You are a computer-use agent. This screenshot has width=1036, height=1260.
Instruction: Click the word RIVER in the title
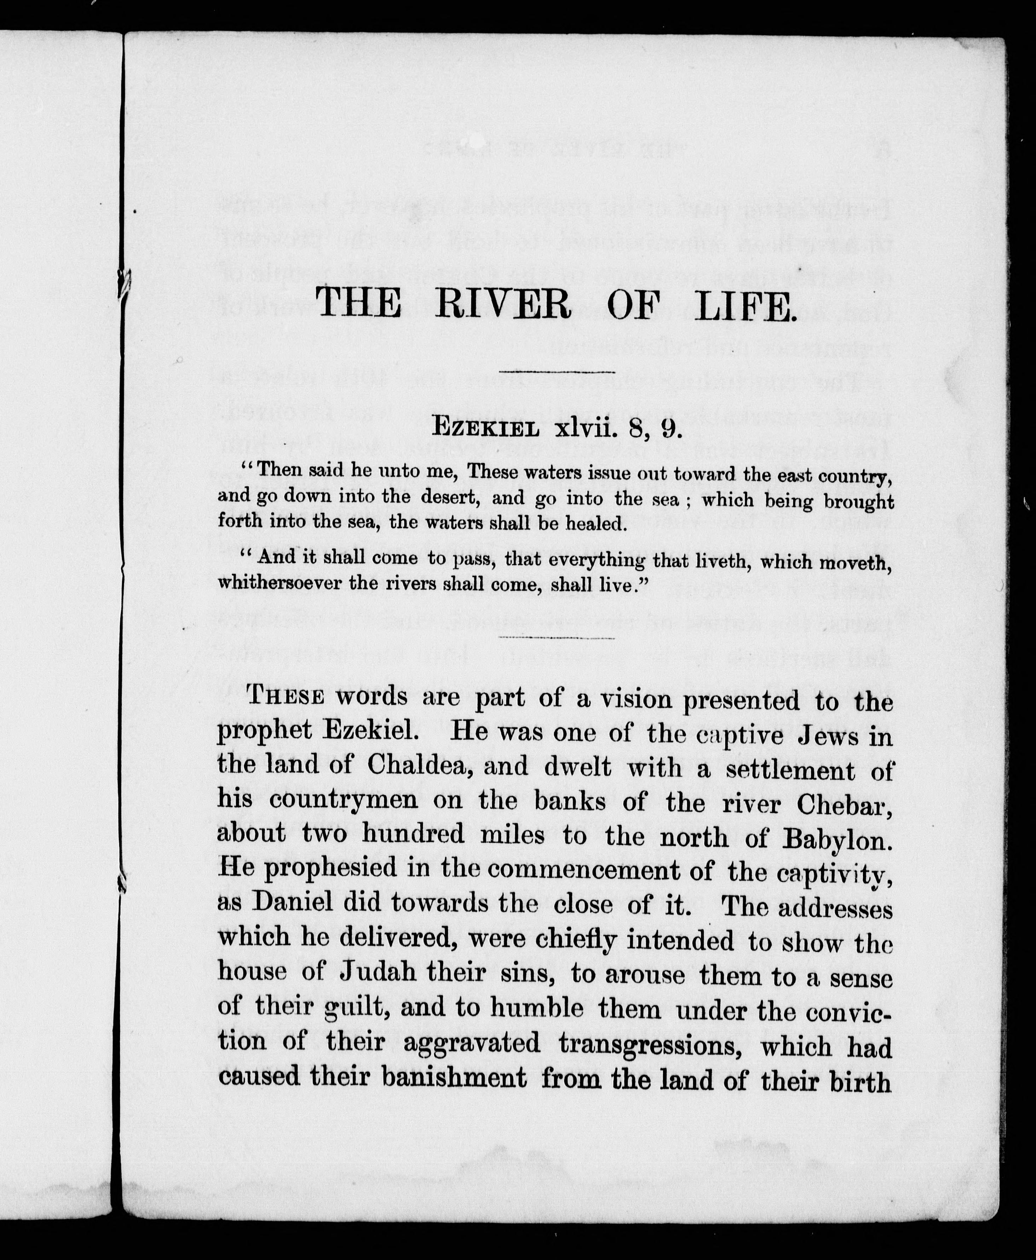coord(503,303)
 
